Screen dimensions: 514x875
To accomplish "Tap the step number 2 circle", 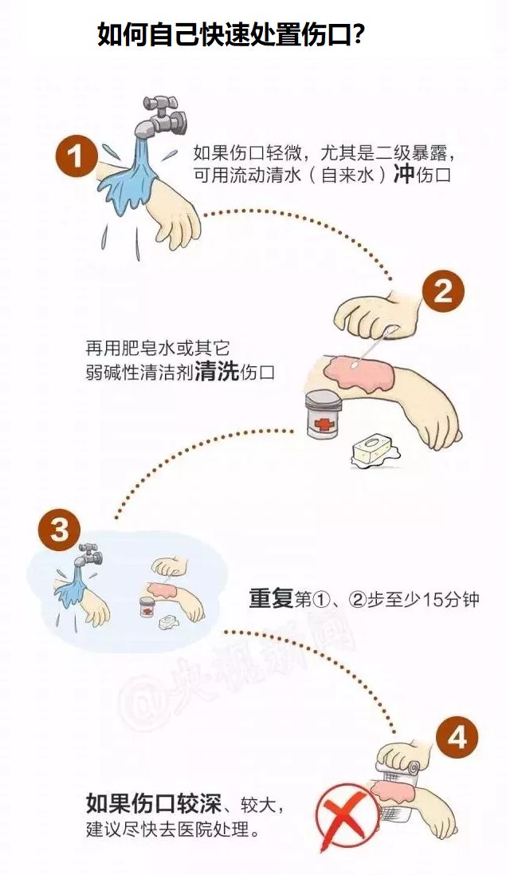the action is pyautogui.click(x=442, y=291).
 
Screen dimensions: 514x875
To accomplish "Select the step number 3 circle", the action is pyautogui.click(x=59, y=529).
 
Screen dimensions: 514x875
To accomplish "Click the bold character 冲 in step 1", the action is pyautogui.click(x=403, y=175).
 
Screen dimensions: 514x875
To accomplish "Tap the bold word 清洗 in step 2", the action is pyautogui.click(x=217, y=372).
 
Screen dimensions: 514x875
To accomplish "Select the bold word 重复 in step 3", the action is pyautogui.click(x=271, y=599).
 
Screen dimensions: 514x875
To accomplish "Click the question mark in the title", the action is pyautogui.click(x=359, y=35).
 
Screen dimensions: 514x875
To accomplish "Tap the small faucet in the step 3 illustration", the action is pyautogui.click(x=90, y=554).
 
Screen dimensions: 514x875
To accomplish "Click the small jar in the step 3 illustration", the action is pyautogui.click(x=147, y=606).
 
